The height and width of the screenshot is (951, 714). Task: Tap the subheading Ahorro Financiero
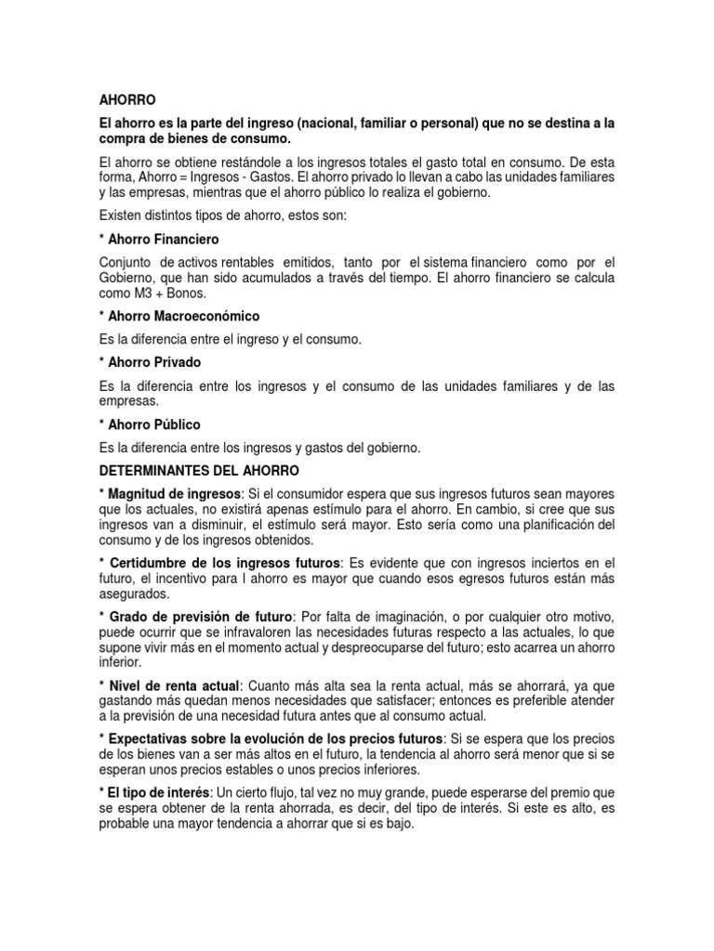[163, 239]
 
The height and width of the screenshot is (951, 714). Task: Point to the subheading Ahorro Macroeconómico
[185, 316]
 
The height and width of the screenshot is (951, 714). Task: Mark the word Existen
[119, 215]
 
